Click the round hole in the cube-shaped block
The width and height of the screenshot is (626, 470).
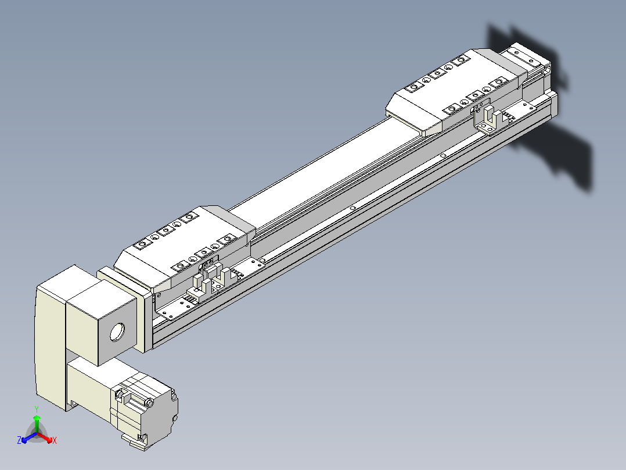coord(117,332)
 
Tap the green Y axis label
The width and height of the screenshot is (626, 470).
coord(37,409)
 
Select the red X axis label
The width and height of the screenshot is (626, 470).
coord(55,440)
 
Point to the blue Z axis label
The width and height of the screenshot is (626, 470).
coord(19,440)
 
